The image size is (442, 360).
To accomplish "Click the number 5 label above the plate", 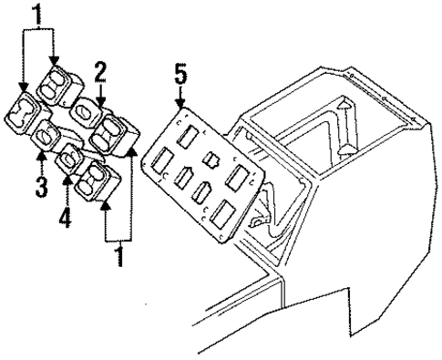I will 180,71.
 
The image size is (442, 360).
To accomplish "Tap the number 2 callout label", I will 101,68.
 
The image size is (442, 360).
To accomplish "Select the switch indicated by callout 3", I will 47,139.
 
